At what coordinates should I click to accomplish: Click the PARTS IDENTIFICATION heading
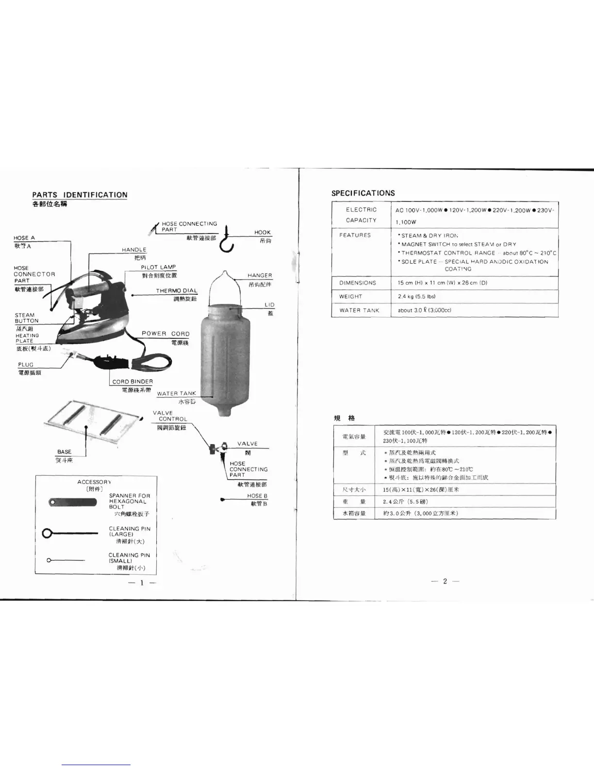coord(80,195)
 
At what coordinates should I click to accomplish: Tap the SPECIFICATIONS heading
coord(363,193)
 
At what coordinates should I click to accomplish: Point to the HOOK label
coord(263,233)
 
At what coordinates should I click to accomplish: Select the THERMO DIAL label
coord(177,291)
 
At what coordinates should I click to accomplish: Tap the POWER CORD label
coord(165,334)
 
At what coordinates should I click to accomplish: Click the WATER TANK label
coord(177,393)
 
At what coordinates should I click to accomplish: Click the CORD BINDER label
coord(132,382)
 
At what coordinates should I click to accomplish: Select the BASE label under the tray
coord(64,451)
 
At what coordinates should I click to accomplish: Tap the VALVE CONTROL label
coord(170,416)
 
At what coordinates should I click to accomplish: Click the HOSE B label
coord(257,496)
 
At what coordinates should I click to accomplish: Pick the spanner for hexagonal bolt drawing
coord(72,502)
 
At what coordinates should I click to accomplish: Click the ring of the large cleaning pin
coord(48,534)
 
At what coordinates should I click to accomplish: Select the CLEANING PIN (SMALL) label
coord(129,558)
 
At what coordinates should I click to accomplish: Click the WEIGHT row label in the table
coord(351,296)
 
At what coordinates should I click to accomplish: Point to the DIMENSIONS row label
coord(358,283)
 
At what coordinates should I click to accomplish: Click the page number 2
coord(445,581)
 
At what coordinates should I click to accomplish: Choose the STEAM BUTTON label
coord(27,318)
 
